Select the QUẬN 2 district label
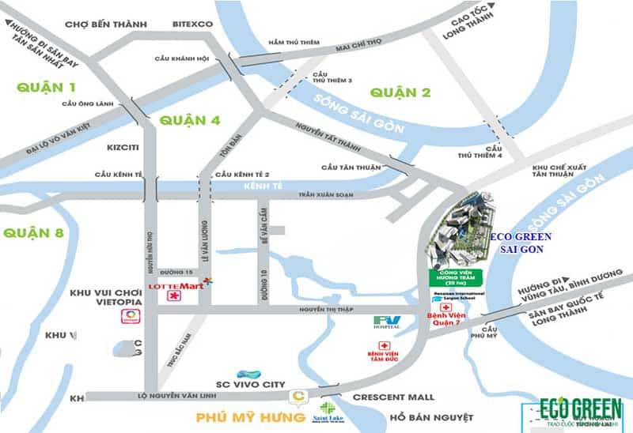point(400,92)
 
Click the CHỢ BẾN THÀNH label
point(107,24)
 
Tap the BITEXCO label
point(193,24)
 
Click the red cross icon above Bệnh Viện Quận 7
point(446,307)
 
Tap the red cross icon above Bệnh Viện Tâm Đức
point(385,346)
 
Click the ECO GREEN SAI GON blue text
point(518,243)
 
